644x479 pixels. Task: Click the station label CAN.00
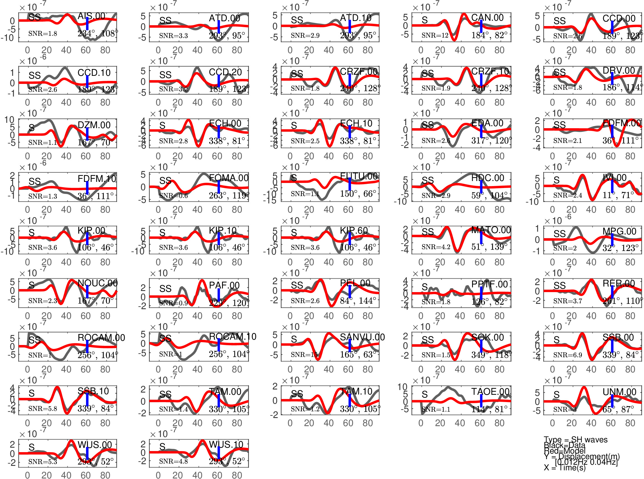tap(487, 18)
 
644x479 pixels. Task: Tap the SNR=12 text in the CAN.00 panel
tap(435, 35)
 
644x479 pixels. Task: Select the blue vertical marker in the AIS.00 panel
tap(87, 24)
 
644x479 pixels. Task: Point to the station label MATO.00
tap(491, 230)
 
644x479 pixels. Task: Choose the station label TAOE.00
tap(490, 392)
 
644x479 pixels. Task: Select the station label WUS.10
tap(226, 445)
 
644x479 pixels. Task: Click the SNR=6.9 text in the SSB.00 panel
tap(567, 355)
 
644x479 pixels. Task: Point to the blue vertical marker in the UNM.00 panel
tap(612, 401)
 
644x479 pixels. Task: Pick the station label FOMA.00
tap(228, 178)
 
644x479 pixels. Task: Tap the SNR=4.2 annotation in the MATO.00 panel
tap(436, 247)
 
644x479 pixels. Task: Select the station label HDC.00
tap(487, 178)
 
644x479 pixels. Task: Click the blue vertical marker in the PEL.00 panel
tap(349, 292)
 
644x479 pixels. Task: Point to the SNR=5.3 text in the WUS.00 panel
tap(43, 461)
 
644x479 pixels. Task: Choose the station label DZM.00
tap(94, 125)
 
